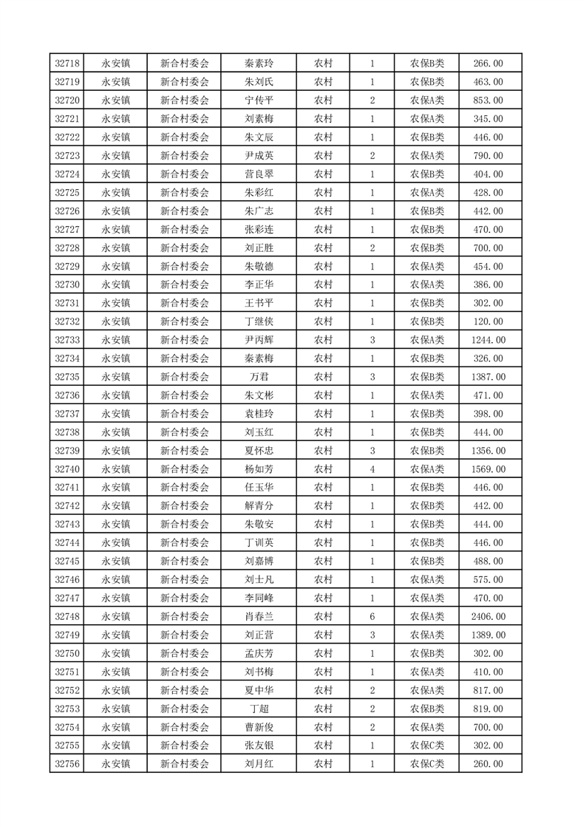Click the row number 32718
point(67,64)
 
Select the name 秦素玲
point(259,64)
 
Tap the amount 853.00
point(488,100)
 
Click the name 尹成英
point(259,156)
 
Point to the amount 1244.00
point(488,340)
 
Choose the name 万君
point(259,377)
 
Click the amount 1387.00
point(488,377)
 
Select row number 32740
point(67,469)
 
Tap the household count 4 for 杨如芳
point(372,469)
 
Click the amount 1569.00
point(488,469)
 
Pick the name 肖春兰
point(259,616)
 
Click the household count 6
point(372,616)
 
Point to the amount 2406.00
point(488,616)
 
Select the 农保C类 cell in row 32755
point(427,746)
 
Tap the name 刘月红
point(259,764)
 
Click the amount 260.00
point(488,764)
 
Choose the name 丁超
point(259,709)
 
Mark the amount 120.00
point(488,321)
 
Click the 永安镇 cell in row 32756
point(116,764)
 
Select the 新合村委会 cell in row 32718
point(185,64)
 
